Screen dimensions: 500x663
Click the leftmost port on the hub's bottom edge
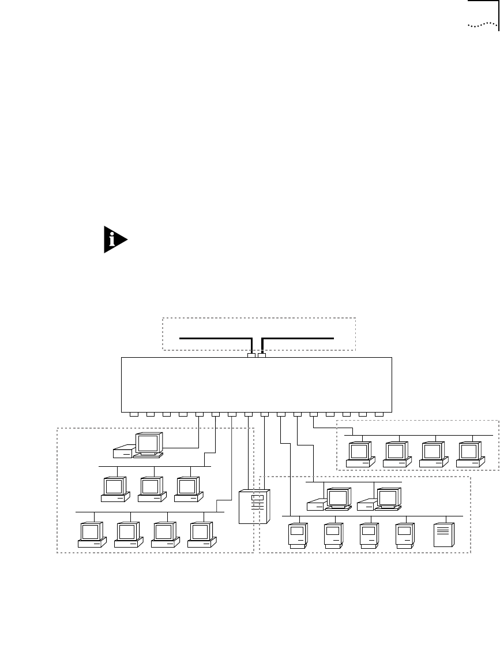click(x=134, y=414)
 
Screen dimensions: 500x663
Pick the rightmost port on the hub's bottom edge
click(x=379, y=414)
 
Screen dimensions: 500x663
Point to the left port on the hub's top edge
click(x=251, y=355)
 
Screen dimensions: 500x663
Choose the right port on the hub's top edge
click(x=262, y=355)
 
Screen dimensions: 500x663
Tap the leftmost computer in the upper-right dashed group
click(x=360, y=454)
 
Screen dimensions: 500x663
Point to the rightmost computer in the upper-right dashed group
click(x=470, y=454)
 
